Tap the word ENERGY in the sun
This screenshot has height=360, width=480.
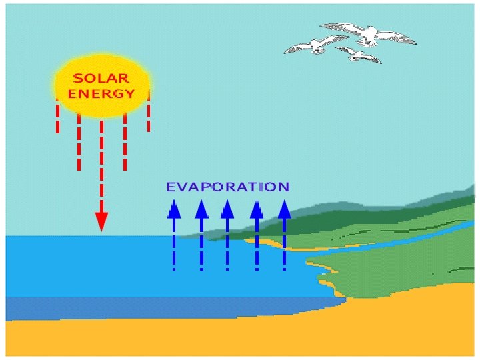102,93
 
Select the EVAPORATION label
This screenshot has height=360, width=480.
227,187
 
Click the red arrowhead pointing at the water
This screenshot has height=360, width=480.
101,221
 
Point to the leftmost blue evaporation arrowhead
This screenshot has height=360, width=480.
174,209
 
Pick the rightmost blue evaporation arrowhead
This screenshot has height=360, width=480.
285,209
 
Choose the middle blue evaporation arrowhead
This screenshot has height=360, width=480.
227,209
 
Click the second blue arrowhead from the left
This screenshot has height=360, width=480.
201,209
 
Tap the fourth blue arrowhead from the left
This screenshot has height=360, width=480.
257,209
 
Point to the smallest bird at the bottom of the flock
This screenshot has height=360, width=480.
359,54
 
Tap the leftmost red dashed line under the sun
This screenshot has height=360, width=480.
58,117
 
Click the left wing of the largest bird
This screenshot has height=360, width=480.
343,27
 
